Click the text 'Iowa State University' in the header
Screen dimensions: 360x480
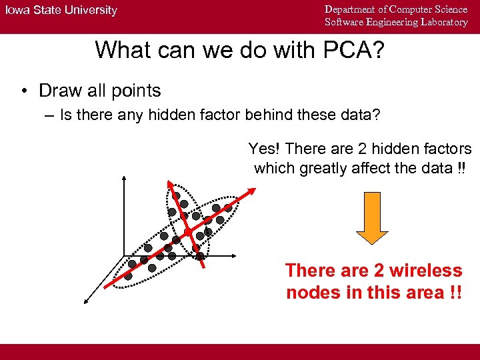61,11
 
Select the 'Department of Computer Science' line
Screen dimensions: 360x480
396,9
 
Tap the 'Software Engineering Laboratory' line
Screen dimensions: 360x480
396,22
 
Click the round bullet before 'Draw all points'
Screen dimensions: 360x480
23,91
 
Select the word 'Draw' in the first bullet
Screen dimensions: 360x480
57,91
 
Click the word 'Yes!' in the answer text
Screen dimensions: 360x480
264,149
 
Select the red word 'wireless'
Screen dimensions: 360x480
427,271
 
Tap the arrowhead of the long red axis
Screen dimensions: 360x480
253,190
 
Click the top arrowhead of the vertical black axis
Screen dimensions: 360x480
124,177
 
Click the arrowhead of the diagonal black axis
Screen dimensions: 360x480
85,301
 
